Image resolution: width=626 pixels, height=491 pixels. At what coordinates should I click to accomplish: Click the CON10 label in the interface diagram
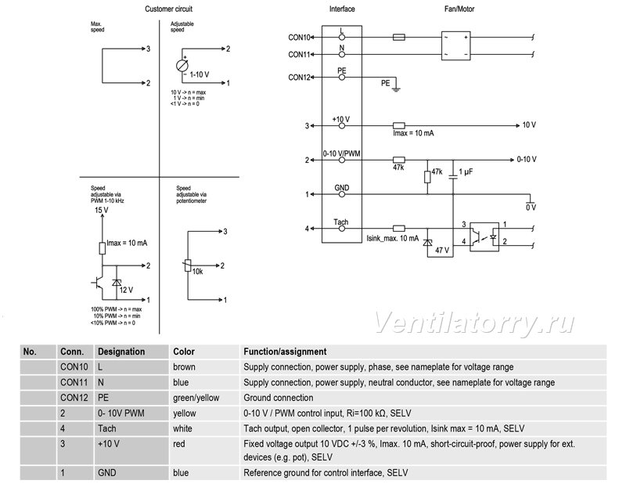[299, 38]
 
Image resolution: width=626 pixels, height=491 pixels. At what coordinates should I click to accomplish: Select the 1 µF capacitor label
[466, 171]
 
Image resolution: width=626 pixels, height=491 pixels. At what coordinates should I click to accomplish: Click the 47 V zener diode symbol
[427, 242]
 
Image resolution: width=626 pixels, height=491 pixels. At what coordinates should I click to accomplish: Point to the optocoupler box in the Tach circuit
[484, 236]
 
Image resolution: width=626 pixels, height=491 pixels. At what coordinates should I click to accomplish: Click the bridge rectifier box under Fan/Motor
[456, 45]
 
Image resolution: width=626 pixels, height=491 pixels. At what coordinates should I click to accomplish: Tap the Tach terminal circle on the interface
[342, 229]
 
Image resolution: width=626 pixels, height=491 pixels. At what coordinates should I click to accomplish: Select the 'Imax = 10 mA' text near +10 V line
[413, 133]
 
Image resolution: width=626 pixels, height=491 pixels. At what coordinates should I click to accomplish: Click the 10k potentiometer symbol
[188, 265]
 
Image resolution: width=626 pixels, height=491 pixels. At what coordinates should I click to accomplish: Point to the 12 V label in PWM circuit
[126, 290]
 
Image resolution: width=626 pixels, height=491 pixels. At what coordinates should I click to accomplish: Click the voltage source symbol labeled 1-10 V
[182, 66]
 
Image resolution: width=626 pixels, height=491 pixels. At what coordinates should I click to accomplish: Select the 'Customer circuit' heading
[168, 9]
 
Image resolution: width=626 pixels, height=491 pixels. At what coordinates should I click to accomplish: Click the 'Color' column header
[184, 352]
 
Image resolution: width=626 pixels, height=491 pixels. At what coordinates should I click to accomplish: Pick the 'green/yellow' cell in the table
[196, 398]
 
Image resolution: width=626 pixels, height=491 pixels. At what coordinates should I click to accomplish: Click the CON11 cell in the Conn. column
[74, 382]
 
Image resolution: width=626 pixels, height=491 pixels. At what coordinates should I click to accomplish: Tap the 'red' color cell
[179, 444]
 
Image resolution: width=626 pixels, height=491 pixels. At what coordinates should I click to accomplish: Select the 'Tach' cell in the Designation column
[107, 428]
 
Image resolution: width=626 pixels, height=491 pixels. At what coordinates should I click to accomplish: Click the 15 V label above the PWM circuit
[102, 210]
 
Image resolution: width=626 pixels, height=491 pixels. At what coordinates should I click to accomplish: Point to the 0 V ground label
[531, 208]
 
